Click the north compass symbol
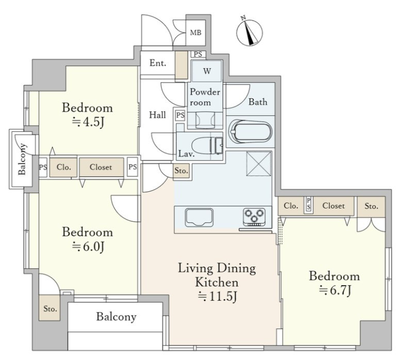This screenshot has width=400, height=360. tap(249, 32)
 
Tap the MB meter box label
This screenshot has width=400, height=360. tap(196, 32)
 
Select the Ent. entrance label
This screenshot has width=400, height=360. tap(158, 63)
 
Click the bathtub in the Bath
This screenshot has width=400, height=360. tap(251, 132)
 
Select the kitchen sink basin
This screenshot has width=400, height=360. tap(199, 217)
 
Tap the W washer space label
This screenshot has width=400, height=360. tap(207, 71)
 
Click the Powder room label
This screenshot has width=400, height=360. tap(205, 97)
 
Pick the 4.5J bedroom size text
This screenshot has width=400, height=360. tap(88, 122)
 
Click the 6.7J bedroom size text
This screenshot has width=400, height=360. tap(335, 290)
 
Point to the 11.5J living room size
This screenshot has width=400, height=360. tap(218, 296)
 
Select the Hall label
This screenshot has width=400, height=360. tap(157, 115)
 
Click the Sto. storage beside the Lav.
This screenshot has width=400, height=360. tap(181, 170)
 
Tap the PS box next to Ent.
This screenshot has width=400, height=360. tap(198, 54)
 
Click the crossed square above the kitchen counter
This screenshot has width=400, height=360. tap(259, 163)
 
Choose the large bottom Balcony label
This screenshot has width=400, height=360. tap(116, 317)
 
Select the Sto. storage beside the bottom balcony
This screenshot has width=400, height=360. tap(50, 308)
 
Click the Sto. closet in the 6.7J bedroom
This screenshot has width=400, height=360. tap(371, 206)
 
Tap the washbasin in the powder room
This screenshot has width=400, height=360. tap(205, 120)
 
